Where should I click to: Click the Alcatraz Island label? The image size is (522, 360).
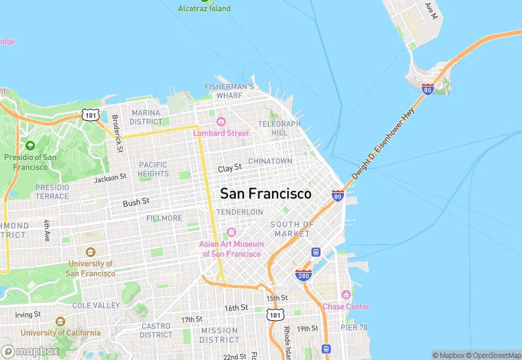point(204,9)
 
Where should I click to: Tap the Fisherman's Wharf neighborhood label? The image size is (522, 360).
point(229,91)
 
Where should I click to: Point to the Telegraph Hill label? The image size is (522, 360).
point(280,128)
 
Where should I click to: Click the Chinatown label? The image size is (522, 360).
point(270,161)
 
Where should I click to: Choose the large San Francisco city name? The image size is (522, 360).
point(265,194)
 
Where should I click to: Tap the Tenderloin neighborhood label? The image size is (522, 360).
point(240,212)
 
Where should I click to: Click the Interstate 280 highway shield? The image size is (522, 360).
point(304,275)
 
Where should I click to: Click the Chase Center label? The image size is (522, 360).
point(345,306)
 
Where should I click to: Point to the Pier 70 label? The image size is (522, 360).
point(354,328)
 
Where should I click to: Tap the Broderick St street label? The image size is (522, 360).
point(118,133)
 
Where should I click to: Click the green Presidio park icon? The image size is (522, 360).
point(30,145)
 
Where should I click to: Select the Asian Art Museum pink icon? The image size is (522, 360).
point(231,232)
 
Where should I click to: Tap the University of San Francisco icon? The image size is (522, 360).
point(90,252)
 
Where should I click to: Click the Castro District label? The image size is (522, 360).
point(156,330)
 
